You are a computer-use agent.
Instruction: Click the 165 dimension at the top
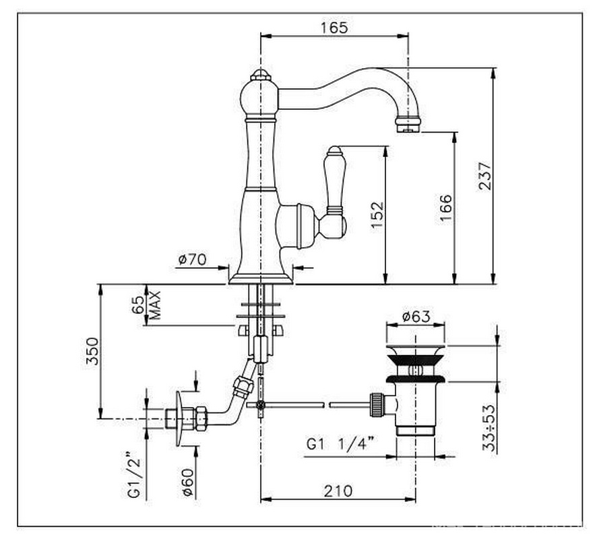334,28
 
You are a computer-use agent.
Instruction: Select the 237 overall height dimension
485,176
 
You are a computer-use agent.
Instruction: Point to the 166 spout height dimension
445,208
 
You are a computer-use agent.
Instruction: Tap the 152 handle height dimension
377,215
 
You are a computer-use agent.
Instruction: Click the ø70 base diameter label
192,259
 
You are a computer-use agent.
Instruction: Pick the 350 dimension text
92,351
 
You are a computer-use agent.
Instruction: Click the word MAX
155,305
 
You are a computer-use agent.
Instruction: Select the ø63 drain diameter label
416,316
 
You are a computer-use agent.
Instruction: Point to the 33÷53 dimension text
490,428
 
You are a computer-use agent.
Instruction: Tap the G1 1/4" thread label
340,444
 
